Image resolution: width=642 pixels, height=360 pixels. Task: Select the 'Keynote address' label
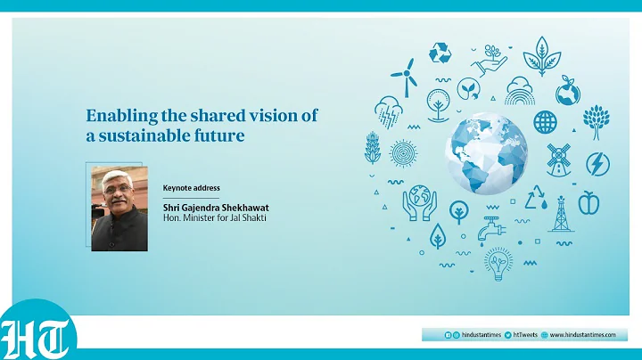coord(191,188)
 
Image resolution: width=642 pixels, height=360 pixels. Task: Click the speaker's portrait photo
coord(119,207)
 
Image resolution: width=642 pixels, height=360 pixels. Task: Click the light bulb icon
coord(498,263)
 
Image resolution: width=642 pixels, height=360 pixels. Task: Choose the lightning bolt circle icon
coord(597,164)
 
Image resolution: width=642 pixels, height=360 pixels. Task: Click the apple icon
coord(588,203)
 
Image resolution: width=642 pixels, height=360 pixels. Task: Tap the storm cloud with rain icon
coord(388,111)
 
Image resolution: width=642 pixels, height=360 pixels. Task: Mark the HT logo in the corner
coord(37,336)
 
